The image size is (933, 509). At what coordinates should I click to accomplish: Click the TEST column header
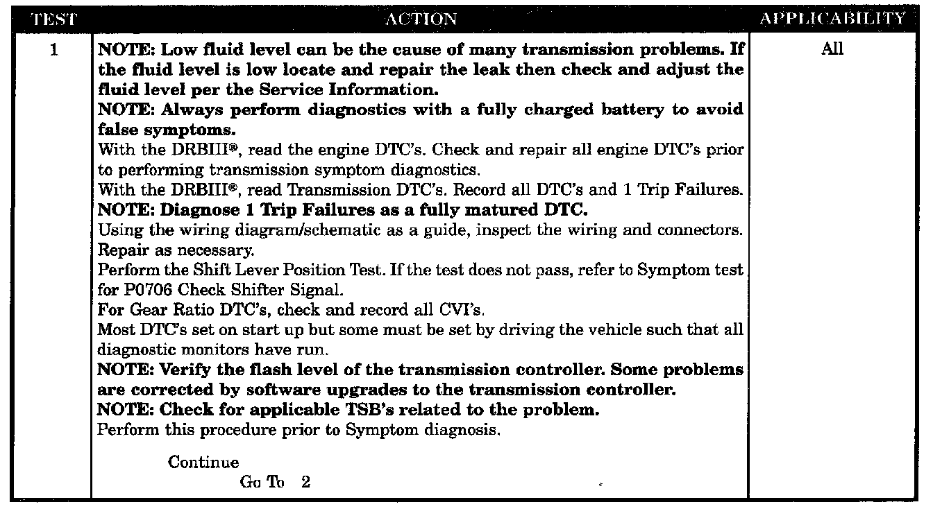tap(54, 19)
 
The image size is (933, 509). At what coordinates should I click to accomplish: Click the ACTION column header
tap(421, 19)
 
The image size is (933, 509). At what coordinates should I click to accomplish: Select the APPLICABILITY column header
tap(832, 18)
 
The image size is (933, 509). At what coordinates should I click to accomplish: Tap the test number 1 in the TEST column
tap(53, 50)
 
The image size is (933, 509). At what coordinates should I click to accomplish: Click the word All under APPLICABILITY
tap(832, 49)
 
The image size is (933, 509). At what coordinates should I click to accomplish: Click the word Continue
tap(203, 462)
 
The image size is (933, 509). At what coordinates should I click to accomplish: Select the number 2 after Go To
tap(305, 482)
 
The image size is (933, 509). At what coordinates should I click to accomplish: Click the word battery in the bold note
tap(632, 110)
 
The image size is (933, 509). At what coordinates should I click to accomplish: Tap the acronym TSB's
tap(370, 410)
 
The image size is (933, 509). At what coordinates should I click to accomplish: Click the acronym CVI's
tap(462, 310)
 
